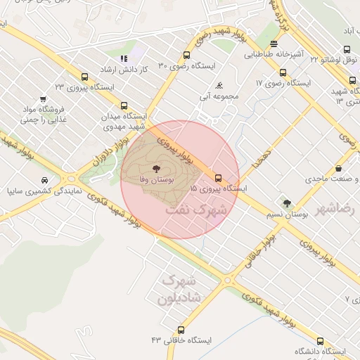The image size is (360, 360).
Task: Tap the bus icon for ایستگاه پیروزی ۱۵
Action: [218, 177]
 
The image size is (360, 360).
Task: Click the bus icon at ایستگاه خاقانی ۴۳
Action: [181, 329]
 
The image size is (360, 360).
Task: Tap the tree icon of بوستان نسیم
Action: [286, 203]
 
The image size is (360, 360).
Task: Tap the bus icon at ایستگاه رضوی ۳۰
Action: [186, 55]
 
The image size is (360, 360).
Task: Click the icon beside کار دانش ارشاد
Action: [124, 58]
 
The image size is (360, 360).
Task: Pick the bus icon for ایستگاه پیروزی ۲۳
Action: [85, 77]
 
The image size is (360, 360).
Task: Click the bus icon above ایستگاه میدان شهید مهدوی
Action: [124, 105]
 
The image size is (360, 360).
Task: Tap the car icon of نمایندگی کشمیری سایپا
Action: [46, 180]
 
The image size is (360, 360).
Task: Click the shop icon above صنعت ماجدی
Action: [340, 169]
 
